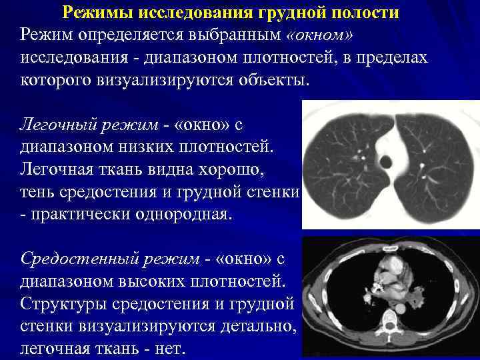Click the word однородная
(x=179, y=215)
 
